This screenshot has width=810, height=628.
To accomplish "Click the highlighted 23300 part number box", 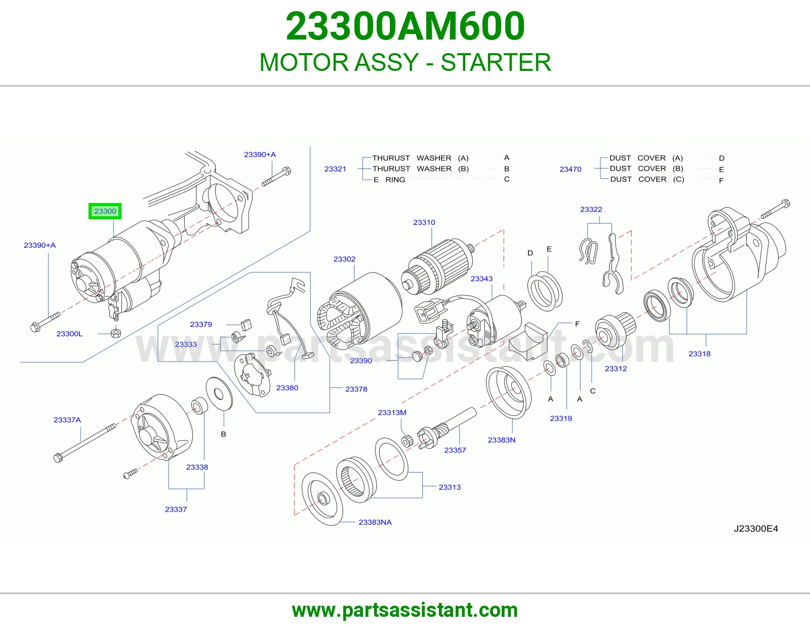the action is click(x=105, y=211).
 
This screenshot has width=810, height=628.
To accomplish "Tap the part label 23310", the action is click(x=424, y=222).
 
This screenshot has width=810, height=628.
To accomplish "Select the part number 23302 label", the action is click(x=344, y=259).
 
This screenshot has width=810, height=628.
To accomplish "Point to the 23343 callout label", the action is click(x=481, y=279).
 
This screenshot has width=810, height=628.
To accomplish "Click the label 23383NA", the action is click(x=375, y=522).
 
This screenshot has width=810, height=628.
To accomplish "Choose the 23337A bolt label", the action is click(x=67, y=419).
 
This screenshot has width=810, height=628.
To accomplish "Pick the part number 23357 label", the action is click(x=455, y=450).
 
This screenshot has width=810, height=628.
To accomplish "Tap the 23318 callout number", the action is click(x=699, y=354).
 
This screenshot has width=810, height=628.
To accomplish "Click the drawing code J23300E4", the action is click(x=756, y=528).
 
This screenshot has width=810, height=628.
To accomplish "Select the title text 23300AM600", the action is click(x=405, y=26).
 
